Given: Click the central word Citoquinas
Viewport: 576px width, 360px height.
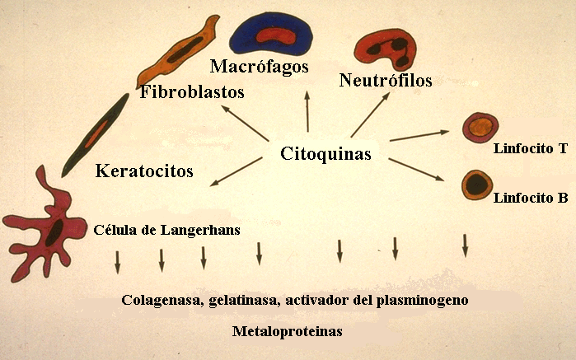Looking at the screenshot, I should tap(325, 154).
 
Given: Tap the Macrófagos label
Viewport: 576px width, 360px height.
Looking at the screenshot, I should tap(259, 65).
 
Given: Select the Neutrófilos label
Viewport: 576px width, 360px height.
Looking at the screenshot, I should tap(386, 80).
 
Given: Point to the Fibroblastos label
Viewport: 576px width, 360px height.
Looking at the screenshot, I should tap(192, 91).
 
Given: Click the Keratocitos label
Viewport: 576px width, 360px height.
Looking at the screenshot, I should tap(144, 171).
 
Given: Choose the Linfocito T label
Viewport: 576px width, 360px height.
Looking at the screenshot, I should tap(530, 149).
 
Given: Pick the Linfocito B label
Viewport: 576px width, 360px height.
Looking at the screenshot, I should tap(530, 199).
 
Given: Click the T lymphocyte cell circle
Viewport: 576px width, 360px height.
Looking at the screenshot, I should tap(480, 128).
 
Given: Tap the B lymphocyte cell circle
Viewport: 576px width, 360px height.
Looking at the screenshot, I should tap(476, 185).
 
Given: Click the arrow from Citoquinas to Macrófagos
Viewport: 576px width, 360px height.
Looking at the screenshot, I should tap(307, 111).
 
